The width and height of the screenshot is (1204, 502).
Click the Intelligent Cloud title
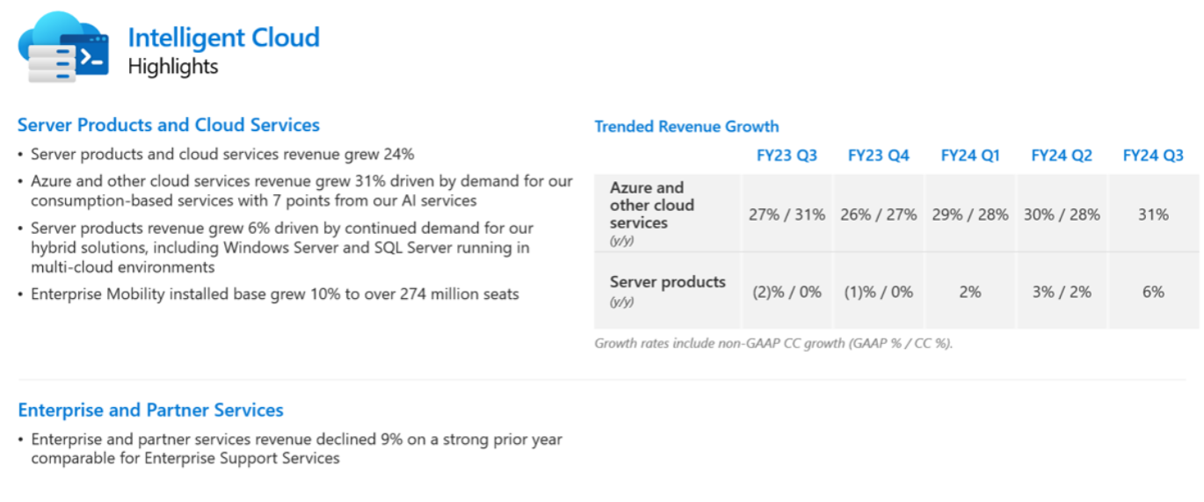click(223, 38)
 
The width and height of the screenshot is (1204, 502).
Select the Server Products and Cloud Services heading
click(169, 125)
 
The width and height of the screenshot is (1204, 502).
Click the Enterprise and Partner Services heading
click(150, 410)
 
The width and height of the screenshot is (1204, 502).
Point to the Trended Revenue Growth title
click(686, 127)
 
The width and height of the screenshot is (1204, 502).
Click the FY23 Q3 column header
click(787, 156)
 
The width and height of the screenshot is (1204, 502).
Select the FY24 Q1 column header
click(970, 156)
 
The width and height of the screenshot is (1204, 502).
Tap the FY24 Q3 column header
click(1153, 156)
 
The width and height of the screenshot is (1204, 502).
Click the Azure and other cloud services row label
click(652, 205)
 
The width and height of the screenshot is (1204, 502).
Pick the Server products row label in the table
click(667, 282)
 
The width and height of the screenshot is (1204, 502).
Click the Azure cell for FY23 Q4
click(878, 215)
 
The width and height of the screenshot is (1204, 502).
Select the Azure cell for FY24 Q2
click(1062, 215)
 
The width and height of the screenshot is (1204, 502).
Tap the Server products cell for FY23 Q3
click(787, 292)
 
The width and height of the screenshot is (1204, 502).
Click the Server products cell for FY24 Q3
click(1153, 292)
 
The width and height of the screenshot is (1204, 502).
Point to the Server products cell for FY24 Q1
click(970, 292)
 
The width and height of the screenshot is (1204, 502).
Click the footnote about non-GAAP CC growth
click(773, 344)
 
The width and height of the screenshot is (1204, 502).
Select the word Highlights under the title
click(173, 67)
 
